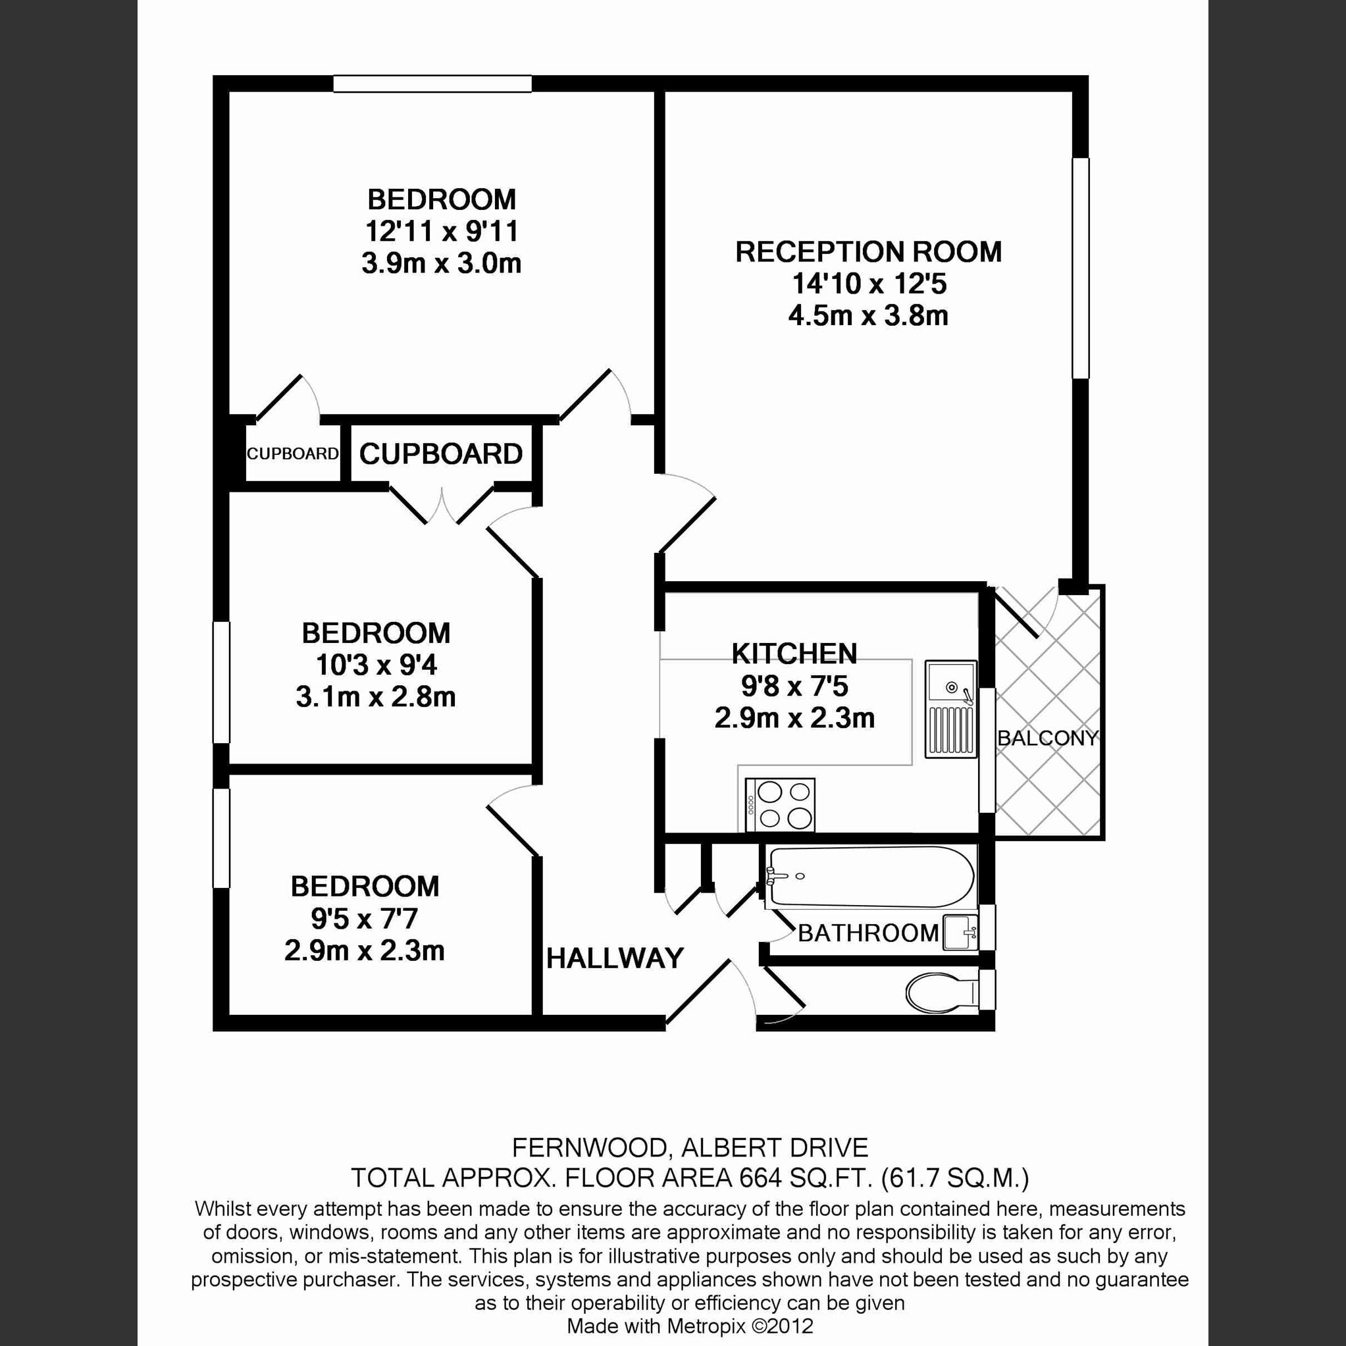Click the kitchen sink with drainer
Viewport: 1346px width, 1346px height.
[951, 708]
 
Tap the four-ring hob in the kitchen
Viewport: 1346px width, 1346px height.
[779, 804]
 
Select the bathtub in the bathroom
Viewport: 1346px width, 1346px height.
[869, 877]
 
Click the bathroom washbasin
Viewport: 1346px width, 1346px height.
[961, 933]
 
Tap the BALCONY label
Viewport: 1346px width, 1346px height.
[1048, 738]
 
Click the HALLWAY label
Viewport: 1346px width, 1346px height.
[615, 958]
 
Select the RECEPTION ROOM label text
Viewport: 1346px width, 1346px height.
[868, 252]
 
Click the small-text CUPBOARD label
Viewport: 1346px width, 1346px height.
[293, 453]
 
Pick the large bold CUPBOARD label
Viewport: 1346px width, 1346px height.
[441, 454]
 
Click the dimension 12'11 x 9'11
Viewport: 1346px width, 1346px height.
[442, 231]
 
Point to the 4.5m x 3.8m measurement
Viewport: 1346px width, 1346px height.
[868, 315]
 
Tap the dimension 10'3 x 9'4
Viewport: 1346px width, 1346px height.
[376, 665]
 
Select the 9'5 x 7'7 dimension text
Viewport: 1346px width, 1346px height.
[365, 918]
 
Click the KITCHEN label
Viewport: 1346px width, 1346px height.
[794, 654]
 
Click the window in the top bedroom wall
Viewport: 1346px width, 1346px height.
[432, 84]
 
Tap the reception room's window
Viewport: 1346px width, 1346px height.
[1080, 269]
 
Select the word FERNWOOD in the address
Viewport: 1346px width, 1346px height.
[592, 1147]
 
